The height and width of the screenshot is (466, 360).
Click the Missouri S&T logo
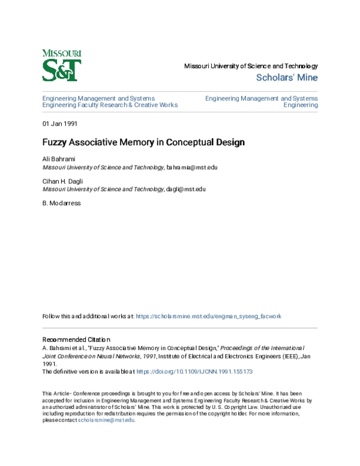[x=62, y=65]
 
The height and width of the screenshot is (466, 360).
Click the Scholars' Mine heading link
[x=287, y=77]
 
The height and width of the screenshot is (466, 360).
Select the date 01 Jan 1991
[x=59, y=124]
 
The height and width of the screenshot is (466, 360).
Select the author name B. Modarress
[x=61, y=203]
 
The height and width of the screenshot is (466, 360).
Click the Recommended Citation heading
[x=76, y=339]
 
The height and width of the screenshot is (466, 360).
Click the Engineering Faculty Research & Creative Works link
[x=110, y=105]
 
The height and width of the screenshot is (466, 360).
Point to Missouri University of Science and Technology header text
[x=250, y=66]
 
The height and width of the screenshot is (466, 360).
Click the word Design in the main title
[x=229, y=143]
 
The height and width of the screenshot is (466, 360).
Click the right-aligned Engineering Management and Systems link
[x=261, y=98]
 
